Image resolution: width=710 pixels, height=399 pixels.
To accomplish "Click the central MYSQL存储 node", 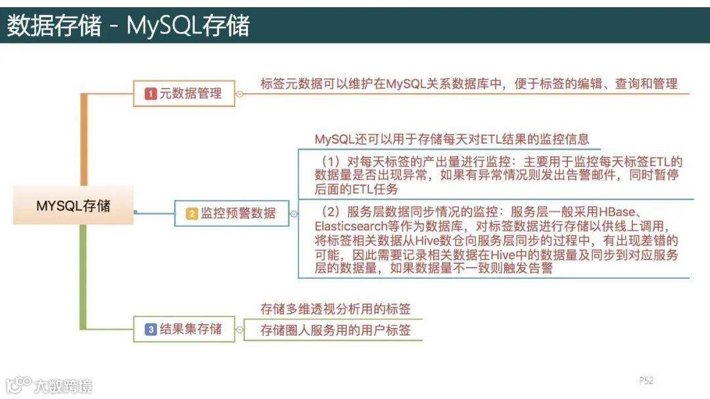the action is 73,206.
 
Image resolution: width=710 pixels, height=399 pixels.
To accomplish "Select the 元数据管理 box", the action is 183,94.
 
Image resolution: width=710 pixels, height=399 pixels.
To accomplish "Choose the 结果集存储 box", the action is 183,329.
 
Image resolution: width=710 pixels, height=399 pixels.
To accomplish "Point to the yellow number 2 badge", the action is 191,213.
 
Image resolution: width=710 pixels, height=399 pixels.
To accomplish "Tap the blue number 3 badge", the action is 151,329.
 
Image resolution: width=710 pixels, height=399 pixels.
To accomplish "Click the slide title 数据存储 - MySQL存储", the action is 128,26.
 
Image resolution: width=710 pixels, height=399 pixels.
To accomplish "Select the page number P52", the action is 646,381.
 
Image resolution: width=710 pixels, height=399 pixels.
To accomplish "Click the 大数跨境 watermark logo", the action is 49,385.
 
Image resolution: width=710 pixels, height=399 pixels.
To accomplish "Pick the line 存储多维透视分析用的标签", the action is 335,309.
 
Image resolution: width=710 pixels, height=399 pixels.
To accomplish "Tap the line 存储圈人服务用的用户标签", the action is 335,330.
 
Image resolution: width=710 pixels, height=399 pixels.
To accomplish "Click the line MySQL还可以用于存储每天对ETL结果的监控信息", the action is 452,139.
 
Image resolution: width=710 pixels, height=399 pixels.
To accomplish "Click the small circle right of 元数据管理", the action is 239,94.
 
